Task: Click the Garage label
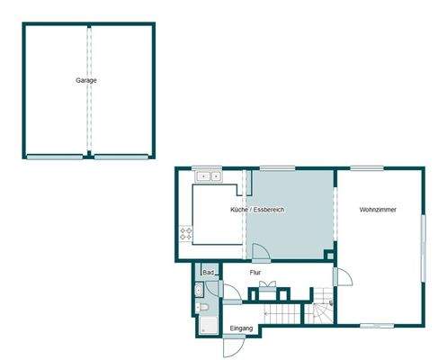(86, 80)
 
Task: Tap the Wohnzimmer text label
(378, 210)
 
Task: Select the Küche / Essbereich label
(257, 210)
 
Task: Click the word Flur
(255, 271)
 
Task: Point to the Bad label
(208, 272)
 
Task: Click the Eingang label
(240, 328)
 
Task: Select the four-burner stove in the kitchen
(187, 234)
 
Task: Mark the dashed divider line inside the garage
(89, 90)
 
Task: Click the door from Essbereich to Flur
(257, 251)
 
